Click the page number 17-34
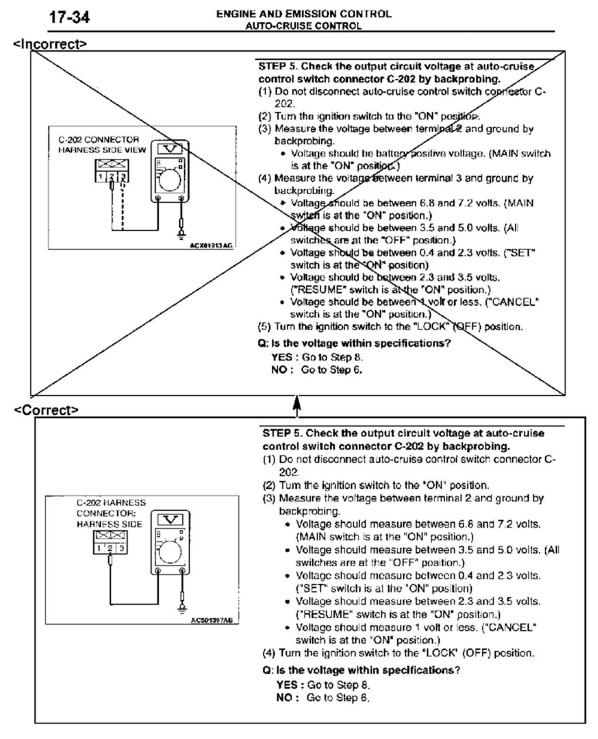[69, 17]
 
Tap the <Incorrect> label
[50, 44]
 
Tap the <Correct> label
[47, 410]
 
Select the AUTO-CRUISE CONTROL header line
[303, 26]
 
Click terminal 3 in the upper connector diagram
[123, 177]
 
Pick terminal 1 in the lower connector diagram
[99, 548]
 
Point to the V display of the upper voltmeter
[170, 149]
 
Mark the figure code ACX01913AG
[211, 246]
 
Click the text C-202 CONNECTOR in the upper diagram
[99, 140]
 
